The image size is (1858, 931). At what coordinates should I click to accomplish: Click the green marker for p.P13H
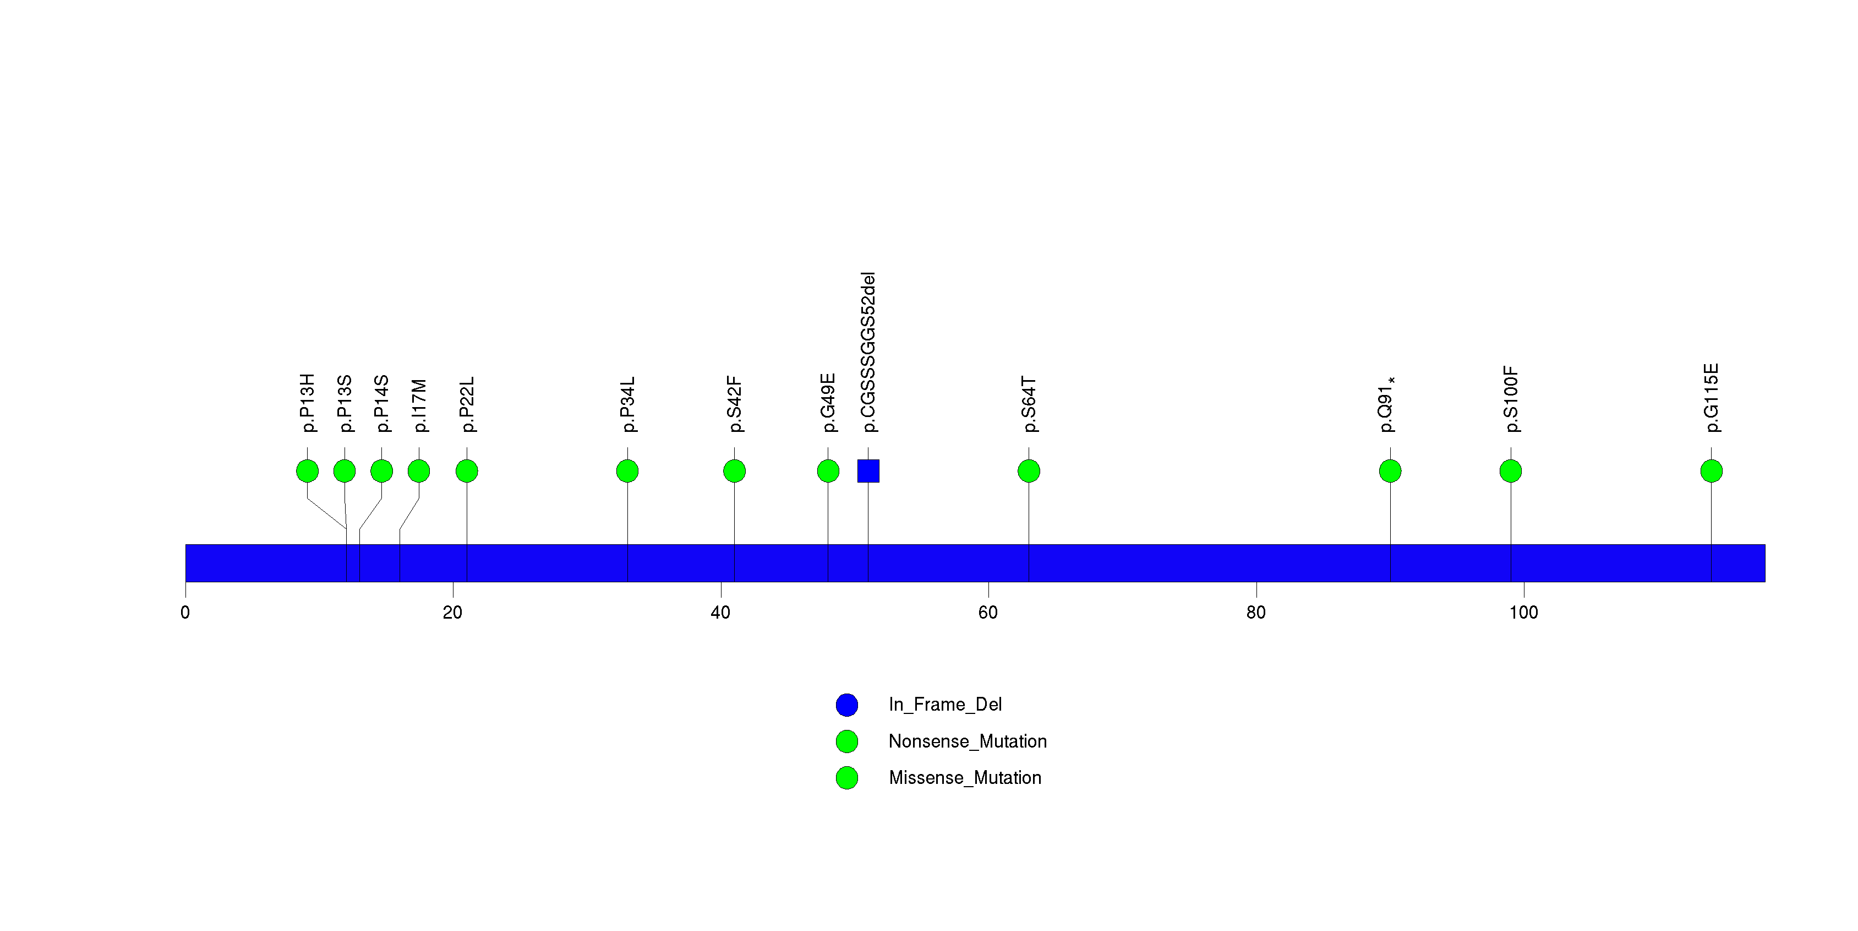point(307,471)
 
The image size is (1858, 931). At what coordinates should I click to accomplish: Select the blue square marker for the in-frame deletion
point(868,471)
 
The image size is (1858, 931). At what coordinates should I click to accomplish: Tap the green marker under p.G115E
point(1711,471)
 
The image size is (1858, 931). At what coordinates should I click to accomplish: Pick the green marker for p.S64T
point(1029,471)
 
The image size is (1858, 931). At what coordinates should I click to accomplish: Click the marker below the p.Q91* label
point(1390,471)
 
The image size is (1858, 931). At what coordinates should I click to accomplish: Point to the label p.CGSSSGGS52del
point(868,352)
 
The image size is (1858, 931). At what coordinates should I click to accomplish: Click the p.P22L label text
point(467,404)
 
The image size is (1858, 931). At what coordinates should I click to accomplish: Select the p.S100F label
point(1511,399)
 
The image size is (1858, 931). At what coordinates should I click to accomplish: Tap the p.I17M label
point(419,405)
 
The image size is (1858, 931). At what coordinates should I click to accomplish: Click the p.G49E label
point(828,403)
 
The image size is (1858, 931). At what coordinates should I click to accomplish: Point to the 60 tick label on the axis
point(987,613)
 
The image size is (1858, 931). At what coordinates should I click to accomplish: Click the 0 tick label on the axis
point(185,613)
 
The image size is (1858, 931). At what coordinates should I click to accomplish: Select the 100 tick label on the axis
point(1523,613)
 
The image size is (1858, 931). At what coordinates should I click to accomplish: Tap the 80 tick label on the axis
point(1256,613)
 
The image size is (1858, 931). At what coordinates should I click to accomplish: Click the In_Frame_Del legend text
point(945,705)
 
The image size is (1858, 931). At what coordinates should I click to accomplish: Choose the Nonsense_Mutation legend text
point(967,741)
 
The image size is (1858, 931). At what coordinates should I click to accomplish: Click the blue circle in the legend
point(847,705)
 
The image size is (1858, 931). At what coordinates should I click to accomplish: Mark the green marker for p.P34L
point(627,471)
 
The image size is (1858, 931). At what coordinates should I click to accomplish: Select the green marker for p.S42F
point(734,471)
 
